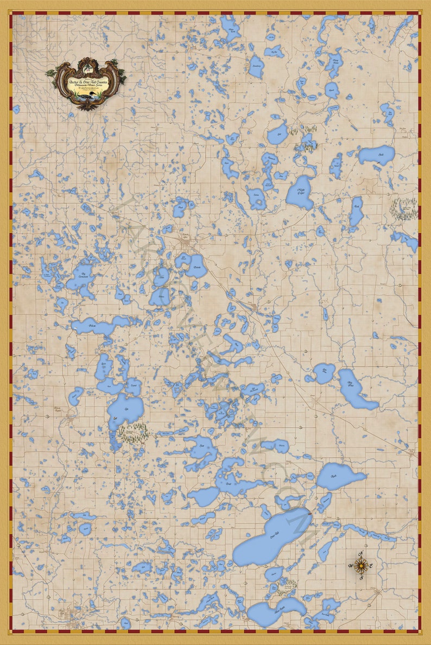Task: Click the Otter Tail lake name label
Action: [x=277, y=534]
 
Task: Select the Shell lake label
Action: [x=382, y=155]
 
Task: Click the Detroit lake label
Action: [x=196, y=265]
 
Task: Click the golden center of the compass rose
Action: [x=363, y=565]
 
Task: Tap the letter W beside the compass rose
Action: [x=351, y=566]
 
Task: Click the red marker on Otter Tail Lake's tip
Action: [x=310, y=513]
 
